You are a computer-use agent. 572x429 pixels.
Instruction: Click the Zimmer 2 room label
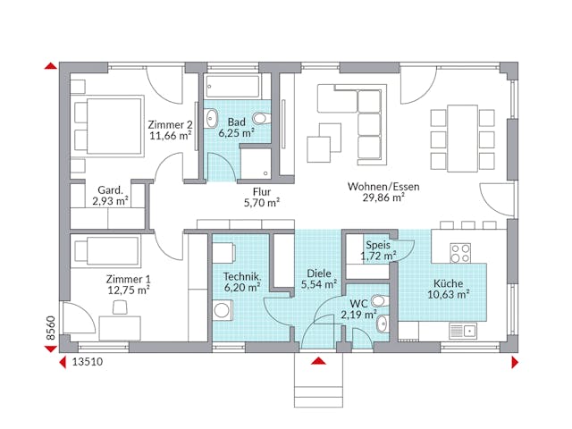(x=170, y=124)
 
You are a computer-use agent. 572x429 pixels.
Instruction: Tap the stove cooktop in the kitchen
(x=460, y=253)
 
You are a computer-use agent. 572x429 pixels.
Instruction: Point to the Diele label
(x=318, y=273)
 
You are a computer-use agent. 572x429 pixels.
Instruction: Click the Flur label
(x=262, y=189)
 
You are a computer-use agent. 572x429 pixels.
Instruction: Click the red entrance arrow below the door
(x=317, y=361)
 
